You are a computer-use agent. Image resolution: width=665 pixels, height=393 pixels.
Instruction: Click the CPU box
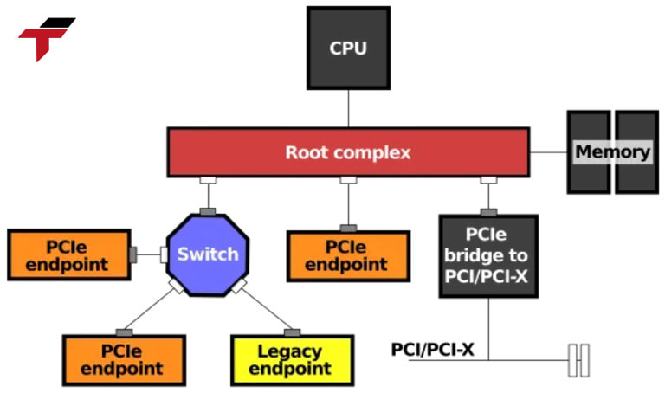tap(348, 48)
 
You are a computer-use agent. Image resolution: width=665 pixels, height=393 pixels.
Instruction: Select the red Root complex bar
tap(260, 152)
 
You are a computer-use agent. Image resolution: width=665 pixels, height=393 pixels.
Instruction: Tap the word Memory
tap(612, 152)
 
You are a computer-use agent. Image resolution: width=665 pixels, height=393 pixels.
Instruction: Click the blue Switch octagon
tap(208, 254)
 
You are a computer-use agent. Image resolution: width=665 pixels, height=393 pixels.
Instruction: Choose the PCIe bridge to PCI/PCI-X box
tap(488, 256)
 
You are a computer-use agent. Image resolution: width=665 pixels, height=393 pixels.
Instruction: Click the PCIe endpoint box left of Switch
tap(69, 255)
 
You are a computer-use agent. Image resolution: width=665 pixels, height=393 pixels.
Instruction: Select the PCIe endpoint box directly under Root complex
tap(348, 256)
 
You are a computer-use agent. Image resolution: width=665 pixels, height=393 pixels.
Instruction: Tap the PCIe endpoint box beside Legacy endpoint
tap(124, 360)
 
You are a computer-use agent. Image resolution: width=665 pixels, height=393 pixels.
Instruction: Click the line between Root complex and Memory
tap(548, 152)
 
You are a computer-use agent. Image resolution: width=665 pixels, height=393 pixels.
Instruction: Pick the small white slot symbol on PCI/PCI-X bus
tap(578, 360)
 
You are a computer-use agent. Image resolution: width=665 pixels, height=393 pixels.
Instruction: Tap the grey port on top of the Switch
tap(208, 212)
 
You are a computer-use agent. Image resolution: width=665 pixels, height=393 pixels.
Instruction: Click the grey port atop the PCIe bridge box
tap(488, 212)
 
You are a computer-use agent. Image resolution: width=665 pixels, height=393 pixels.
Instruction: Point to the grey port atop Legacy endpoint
tap(293, 332)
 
